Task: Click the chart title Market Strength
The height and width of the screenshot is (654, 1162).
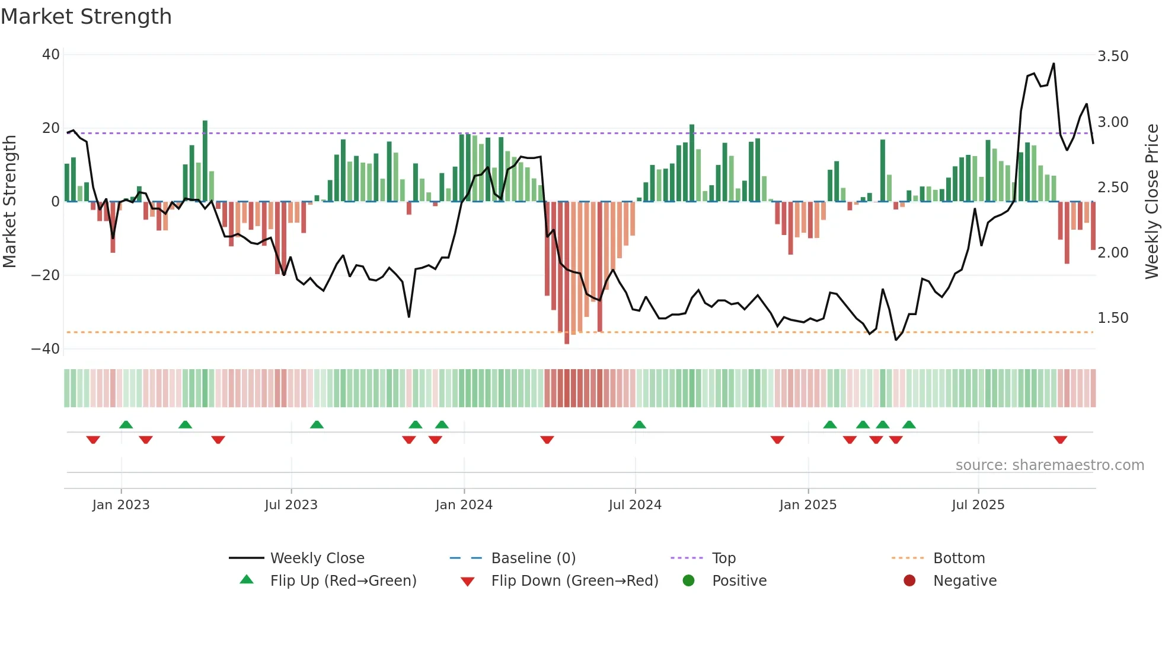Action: pyautogui.click(x=86, y=17)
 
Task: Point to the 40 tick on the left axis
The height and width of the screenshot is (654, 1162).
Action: pyautogui.click(x=51, y=55)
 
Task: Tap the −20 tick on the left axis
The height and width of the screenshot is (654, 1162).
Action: pyautogui.click(x=46, y=275)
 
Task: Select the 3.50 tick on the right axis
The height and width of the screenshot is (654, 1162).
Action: pyautogui.click(x=1113, y=56)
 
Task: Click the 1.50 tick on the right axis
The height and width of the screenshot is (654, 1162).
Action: pyautogui.click(x=1113, y=318)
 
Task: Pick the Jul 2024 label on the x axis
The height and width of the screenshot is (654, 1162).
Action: pyautogui.click(x=635, y=505)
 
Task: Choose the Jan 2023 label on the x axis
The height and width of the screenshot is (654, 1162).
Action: pyautogui.click(x=121, y=505)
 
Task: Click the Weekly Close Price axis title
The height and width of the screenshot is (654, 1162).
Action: pyautogui.click(x=1151, y=202)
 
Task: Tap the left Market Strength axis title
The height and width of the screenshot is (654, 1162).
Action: pyautogui.click(x=9, y=202)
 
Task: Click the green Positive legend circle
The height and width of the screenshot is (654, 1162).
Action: pyautogui.click(x=688, y=581)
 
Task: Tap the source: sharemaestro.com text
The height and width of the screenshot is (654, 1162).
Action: pyautogui.click(x=1049, y=465)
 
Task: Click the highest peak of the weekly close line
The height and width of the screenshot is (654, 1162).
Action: pyautogui.click(x=1054, y=64)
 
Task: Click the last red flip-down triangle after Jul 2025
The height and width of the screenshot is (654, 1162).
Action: pyautogui.click(x=1061, y=440)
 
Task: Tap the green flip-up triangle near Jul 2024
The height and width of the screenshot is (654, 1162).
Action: pyautogui.click(x=639, y=424)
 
